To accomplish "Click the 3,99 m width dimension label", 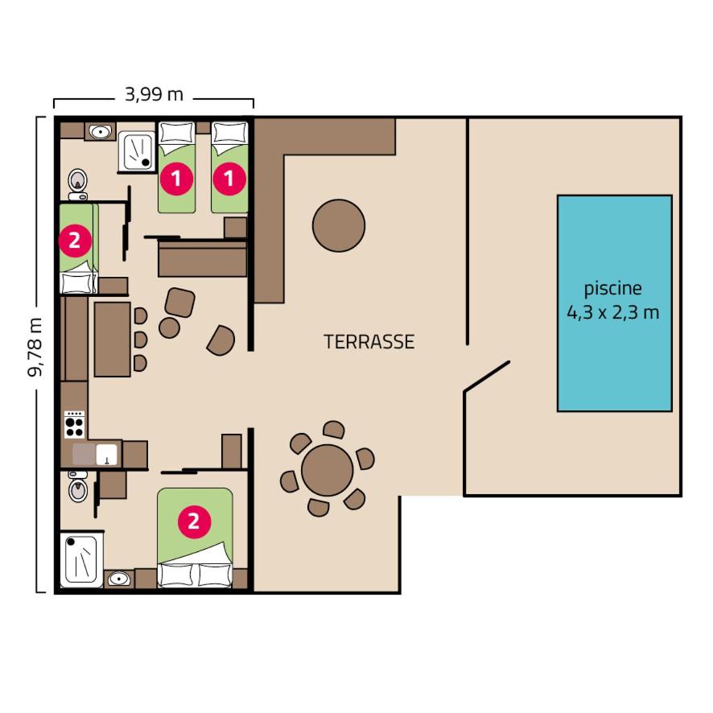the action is [x=155, y=95].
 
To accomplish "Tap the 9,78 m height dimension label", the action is [x=35, y=348].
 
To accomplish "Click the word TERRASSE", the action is [x=369, y=342].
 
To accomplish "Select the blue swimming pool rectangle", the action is [x=614, y=303].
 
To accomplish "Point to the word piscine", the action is [x=612, y=288].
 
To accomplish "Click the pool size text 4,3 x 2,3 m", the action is [x=612, y=313].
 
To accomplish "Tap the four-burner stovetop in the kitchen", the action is [x=74, y=424].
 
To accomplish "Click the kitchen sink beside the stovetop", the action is [x=106, y=454].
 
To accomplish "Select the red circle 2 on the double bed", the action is [x=194, y=521].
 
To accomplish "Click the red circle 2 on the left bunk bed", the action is [x=75, y=240].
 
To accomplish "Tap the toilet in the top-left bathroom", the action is [x=78, y=184].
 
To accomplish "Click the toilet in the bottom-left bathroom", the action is [x=78, y=486].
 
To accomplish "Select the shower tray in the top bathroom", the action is [x=137, y=151].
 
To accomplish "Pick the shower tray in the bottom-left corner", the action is [x=81, y=559].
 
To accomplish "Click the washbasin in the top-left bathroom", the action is [x=101, y=132].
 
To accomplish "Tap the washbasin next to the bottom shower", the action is [x=119, y=579].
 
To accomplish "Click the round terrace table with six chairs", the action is [x=328, y=470].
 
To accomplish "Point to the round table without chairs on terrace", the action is [x=339, y=225].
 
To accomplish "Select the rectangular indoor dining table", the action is [x=113, y=340].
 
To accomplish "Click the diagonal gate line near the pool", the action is [x=487, y=376].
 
